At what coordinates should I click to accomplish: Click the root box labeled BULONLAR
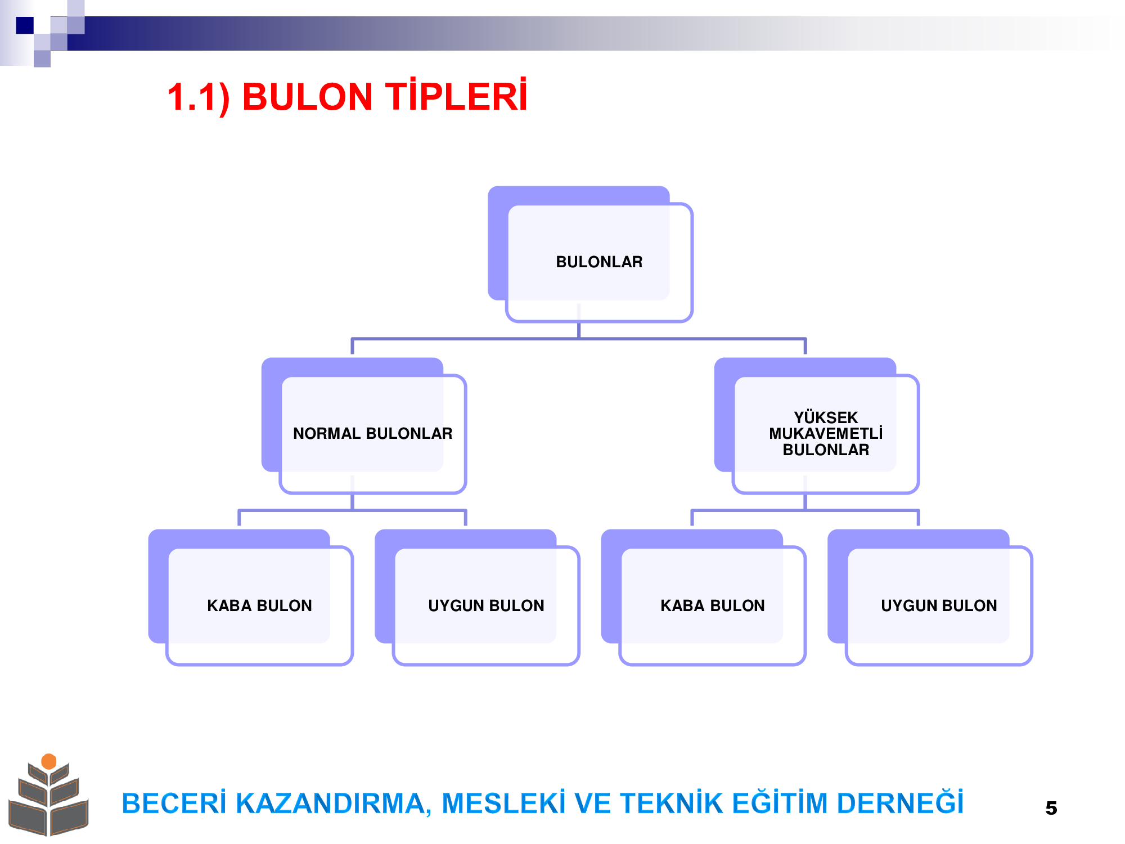pos(591,254)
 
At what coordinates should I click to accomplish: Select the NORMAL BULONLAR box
pos(364,426)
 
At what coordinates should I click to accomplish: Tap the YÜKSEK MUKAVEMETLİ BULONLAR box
pos(817,426)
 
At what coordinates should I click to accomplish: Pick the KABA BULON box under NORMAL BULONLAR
pos(251,598)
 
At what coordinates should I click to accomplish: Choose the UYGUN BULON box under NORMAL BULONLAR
pos(478,598)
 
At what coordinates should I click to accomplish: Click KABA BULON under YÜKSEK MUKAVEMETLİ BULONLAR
pos(704,598)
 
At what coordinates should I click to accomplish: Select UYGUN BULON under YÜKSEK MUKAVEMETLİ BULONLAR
pos(930,598)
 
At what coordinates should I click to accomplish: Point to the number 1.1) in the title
pos(199,97)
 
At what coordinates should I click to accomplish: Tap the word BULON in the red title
pos(308,97)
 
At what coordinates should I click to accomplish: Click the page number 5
pos(1051,808)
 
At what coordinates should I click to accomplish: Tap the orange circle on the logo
pos(49,761)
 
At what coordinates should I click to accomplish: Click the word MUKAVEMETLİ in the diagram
pos(826,433)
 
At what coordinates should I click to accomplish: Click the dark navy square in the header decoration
pos(25,25)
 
